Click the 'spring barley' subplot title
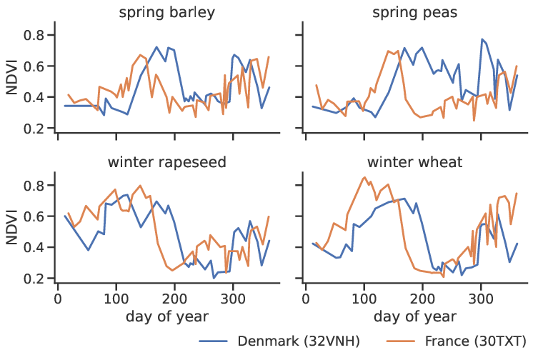167,13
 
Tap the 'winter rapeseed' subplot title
167,162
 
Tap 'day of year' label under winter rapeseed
167,314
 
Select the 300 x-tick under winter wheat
481,296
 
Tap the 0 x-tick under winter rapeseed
58,296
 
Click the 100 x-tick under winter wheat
364,296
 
